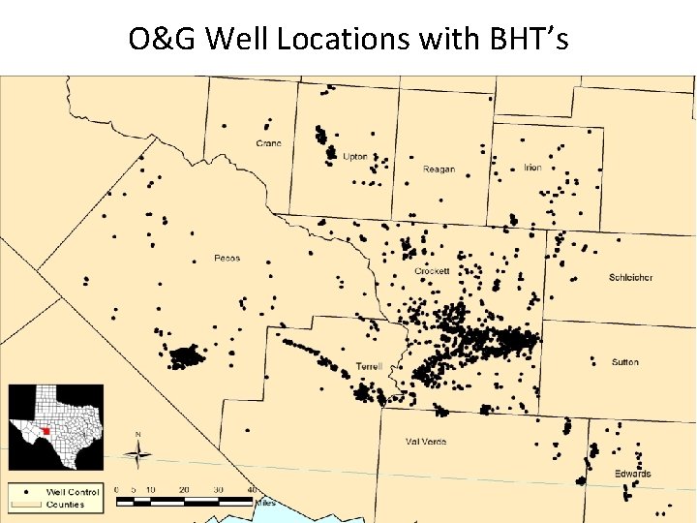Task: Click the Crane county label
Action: point(269,143)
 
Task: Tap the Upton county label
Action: point(355,156)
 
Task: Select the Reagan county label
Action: point(439,169)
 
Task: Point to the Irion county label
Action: point(532,168)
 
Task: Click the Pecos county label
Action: point(227,258)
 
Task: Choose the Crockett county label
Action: point(432,271)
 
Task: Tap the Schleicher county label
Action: point(630,277)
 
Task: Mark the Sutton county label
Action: point(625,362)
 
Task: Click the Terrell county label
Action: point(369,366)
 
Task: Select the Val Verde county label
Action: point(426,442)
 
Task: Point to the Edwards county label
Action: point(632,474)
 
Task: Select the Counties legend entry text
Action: point(65,504)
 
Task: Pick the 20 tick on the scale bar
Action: point(184,490)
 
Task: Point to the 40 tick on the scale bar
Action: point(253,490)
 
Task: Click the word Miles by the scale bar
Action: point(265,503)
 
